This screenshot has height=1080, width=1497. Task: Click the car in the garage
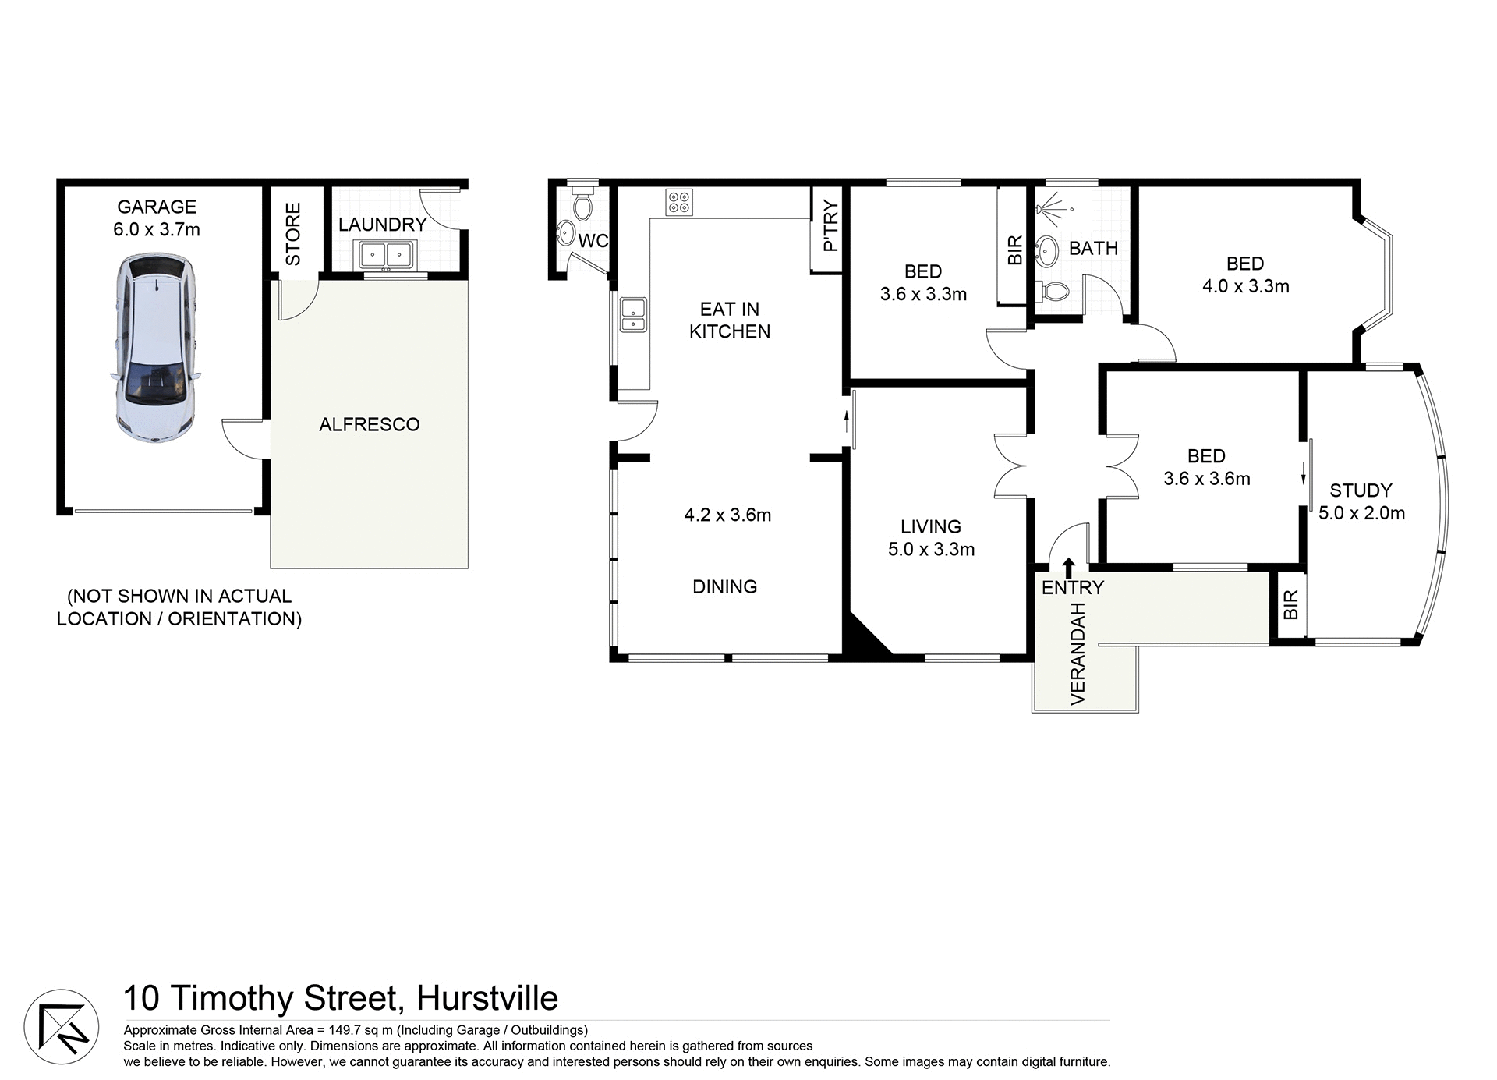[156, 349]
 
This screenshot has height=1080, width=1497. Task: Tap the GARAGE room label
[157, 207]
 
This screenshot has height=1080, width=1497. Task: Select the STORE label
[293, 234]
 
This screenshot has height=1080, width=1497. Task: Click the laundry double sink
[387, 254]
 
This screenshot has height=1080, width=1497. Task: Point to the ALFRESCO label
[370, 424]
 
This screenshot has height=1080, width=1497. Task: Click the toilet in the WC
[582, 205]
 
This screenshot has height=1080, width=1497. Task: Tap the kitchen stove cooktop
[678, 202]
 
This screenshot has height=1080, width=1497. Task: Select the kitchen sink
[632, 314]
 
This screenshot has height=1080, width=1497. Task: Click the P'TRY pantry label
[830, 226]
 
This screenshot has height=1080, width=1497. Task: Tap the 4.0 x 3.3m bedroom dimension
[1245, 286]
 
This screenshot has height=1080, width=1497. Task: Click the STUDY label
[1361, 490]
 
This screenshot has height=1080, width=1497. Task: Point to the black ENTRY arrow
[1068, 567]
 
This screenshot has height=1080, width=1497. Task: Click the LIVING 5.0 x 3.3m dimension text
[931, 549]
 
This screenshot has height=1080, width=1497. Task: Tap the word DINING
[724, 586]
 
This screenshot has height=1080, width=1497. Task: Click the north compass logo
[62, 1027]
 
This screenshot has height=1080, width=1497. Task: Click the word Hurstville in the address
[487, 998]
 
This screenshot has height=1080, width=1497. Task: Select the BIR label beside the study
[1290, 604]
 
